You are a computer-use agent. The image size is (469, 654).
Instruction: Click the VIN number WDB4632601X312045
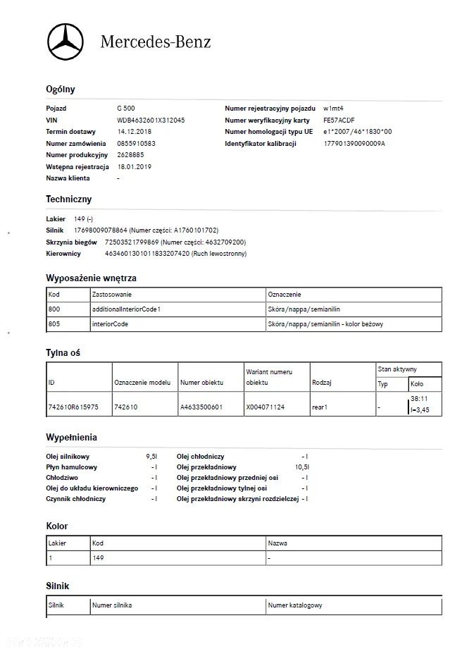tap(151, 121)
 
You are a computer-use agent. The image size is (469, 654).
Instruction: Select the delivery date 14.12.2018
tap(135, 132)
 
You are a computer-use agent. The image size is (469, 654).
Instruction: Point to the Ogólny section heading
tap(61, 90)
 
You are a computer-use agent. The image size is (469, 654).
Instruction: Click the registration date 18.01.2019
tap(135, 166)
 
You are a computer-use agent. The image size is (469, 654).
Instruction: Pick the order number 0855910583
tap(136, 143)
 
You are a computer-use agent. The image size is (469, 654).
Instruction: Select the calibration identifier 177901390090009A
tap(354, 143)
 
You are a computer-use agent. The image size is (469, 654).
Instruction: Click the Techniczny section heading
tap(69, 199)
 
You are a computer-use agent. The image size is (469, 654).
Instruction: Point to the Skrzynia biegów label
tap(71, 242)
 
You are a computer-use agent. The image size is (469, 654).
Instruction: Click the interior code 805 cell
tap(55, 324)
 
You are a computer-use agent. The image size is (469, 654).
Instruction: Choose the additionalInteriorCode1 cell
tap(127, 309)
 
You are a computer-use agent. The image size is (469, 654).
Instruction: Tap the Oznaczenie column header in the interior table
tap(284, 294)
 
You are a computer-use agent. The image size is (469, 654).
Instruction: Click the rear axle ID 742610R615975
tap(73, 407)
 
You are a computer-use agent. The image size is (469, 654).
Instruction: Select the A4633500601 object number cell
tap(201, 407)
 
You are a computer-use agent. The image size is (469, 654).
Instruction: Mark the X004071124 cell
tap(265, 407)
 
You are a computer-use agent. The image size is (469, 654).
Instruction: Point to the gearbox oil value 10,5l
tap(302, 467)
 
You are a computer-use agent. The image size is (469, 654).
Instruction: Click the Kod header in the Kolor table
tap(98, 543)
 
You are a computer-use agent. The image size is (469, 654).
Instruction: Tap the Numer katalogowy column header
tap(295, 605)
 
